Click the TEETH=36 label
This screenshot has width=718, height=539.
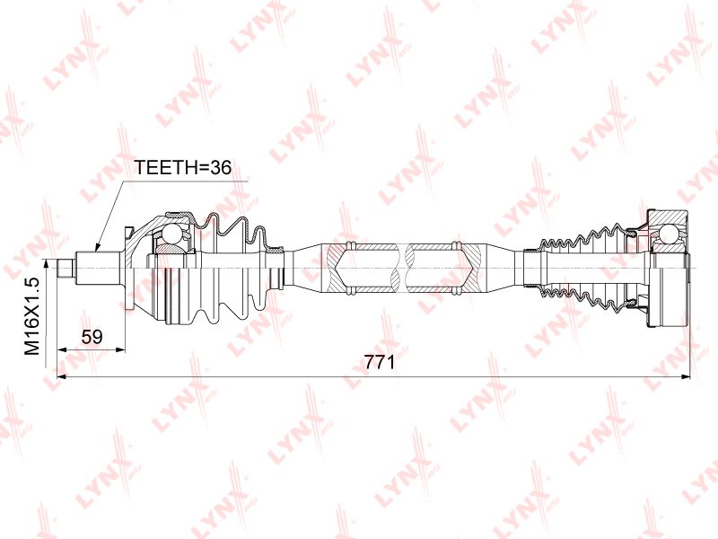pyautogui.click(x=182, y=168)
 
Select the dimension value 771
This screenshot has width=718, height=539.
pyautogui.click(x=380, y=363)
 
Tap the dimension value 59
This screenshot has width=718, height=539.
pyautogui.click(x=92, y=337)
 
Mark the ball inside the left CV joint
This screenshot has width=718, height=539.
pyautogui.click(x=173, y=234)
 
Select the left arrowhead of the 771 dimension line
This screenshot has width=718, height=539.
pyautogui.click(x=62, y=376)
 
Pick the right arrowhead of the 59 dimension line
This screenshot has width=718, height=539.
pyautogui.click(x=119, y=349)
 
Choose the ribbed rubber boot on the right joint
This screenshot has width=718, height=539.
pyautogui.click(x=582, y=268)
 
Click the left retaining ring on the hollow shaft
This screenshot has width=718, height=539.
pyautogui.click(x=351, y=268)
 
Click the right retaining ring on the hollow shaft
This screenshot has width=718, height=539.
pyautogui.click(x=456, y=268)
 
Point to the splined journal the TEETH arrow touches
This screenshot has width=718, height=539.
pyautogui.click(x=99, y=268)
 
